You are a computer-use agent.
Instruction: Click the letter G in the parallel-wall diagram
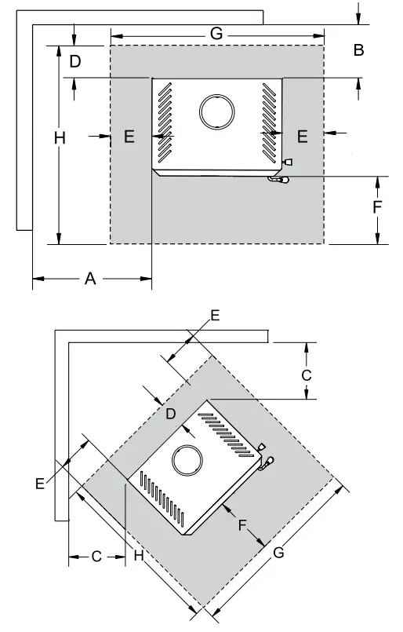click(x=216, y=34)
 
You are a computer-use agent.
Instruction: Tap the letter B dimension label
click(x=358, y=50)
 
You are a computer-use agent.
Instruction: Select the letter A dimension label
click(x=90, y=279)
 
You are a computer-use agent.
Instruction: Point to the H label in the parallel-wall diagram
click(x=60, y=138)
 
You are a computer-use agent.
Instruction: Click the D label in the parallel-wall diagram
click(x=75, y=61)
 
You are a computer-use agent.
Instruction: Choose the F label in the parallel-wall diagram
click(x=377, y=206)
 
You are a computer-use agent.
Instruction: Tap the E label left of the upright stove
click(x=129, y=137)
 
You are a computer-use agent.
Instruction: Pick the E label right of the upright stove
click(x=303, y=137)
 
